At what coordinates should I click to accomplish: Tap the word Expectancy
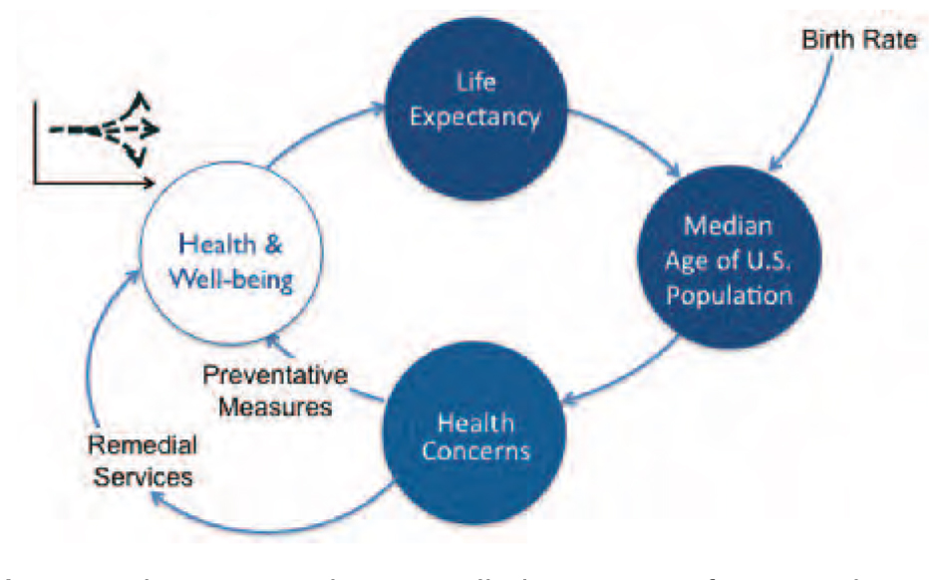coord(474,119)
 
